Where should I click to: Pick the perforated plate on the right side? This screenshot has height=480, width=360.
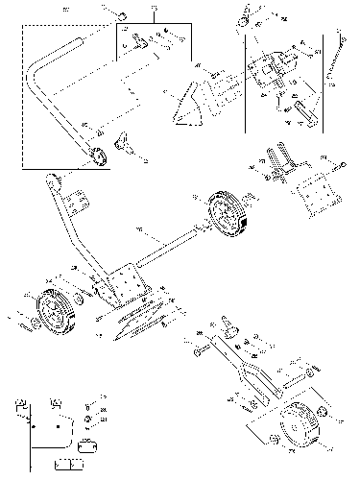coord(314,193)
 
